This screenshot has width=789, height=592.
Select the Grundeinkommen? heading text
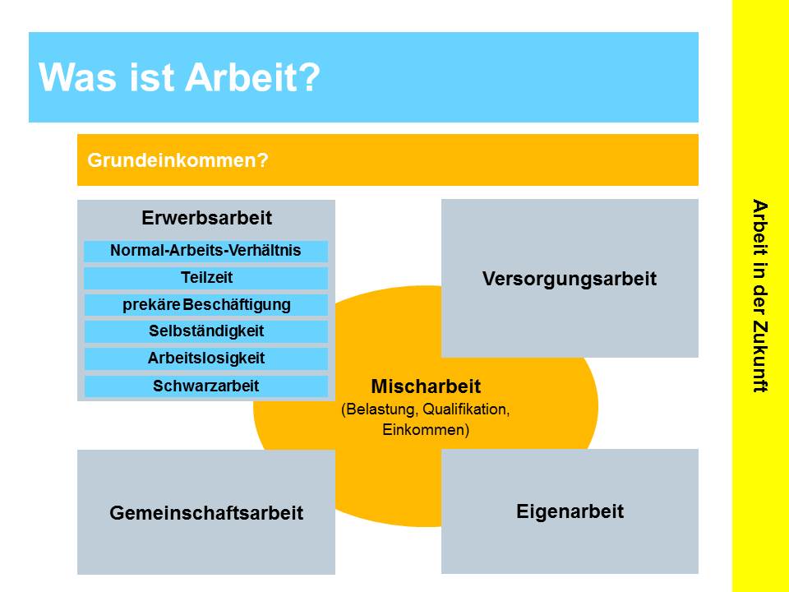[178, 160]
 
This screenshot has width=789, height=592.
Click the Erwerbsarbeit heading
[206, 218]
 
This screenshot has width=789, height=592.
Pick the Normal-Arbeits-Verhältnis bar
[205, 252]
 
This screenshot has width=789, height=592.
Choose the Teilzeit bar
[205, 278]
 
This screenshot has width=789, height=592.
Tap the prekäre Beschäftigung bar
[205, 305]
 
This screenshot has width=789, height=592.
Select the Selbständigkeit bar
[205, 331]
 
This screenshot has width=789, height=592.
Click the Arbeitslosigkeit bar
[205, 358]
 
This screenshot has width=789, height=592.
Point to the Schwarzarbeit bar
[205, 386]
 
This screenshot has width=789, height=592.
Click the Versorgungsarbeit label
[570, 279]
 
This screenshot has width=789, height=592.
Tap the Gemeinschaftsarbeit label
[206, 513]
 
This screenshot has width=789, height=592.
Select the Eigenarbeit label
[570, 511]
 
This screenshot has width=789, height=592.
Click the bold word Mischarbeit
[426, 386]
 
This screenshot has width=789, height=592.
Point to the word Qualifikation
[466, 409]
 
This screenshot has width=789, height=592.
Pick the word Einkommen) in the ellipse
[426, 430]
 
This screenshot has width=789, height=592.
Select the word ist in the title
[152, 77]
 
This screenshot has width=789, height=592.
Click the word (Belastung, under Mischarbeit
[380, 409]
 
